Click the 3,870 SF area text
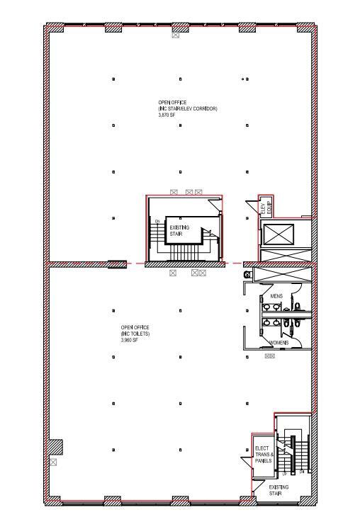pyautogui.click(x=165, y=114)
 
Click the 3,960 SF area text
pyautogui.click(x=129, y=339)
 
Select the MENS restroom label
pyautogui.click(x=276, y=295)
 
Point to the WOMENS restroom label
pyautogui.click(x=279, y=343)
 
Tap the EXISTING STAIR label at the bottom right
pyautogui.click(x=279, y=490)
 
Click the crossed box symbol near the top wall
pyautogui.click(x=176, y=35)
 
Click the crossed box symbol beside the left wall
pyautogui.click(x=53, y=462)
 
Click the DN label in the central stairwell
pyautogui.click(x=157, y=221)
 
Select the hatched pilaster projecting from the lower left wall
pyautogui.click(x=55, y=448)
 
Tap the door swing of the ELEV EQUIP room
pyautogui.click(x=252, y=208)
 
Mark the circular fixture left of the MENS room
pyautogui.click(x=247, y=273)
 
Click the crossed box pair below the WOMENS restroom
pyautogui.click(x=269, y=356)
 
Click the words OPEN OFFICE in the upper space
pyautogui.click(x=169, y=103)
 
